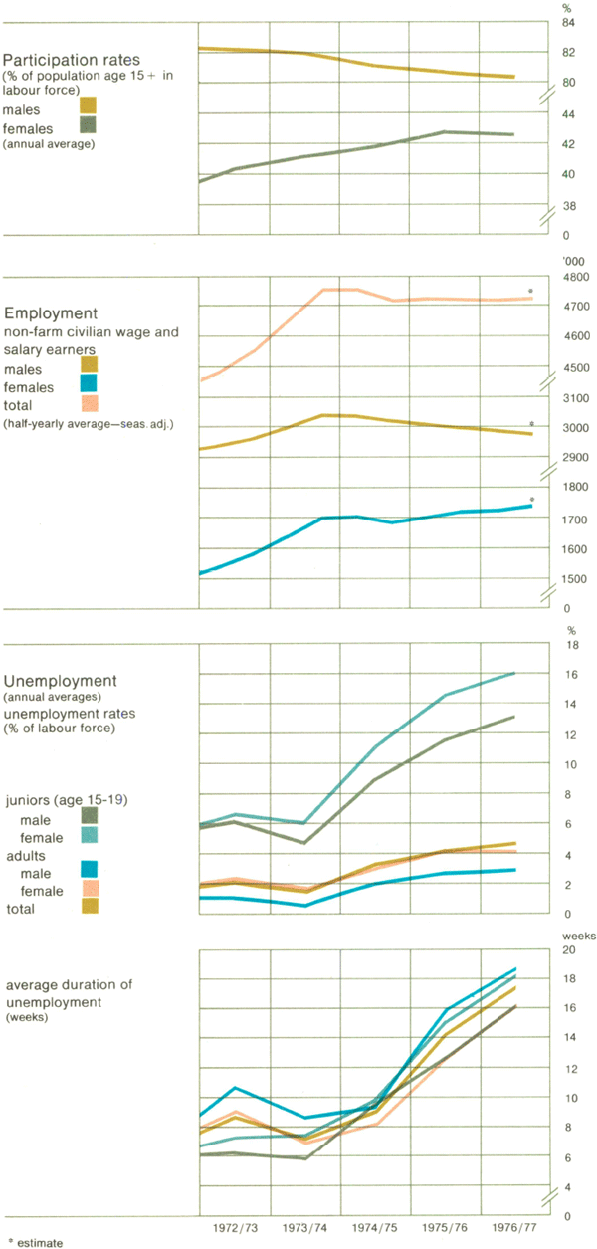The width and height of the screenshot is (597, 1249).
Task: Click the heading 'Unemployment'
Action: click(x=60, y=681)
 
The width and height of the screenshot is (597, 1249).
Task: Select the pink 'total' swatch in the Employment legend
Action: click(x=88, y=405)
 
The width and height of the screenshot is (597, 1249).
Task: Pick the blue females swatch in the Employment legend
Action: click(x=88, y=386)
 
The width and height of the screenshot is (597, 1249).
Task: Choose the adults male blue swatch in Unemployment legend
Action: click(x=88, y=873)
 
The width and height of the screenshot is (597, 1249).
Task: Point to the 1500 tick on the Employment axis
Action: click(x=575, y=579)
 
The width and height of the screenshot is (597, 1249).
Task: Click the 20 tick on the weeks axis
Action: click(x=572, y=950)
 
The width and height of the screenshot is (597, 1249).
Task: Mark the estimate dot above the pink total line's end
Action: click(x=530, y=292)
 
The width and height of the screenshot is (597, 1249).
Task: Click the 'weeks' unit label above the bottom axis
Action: click(x=578, y=936)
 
